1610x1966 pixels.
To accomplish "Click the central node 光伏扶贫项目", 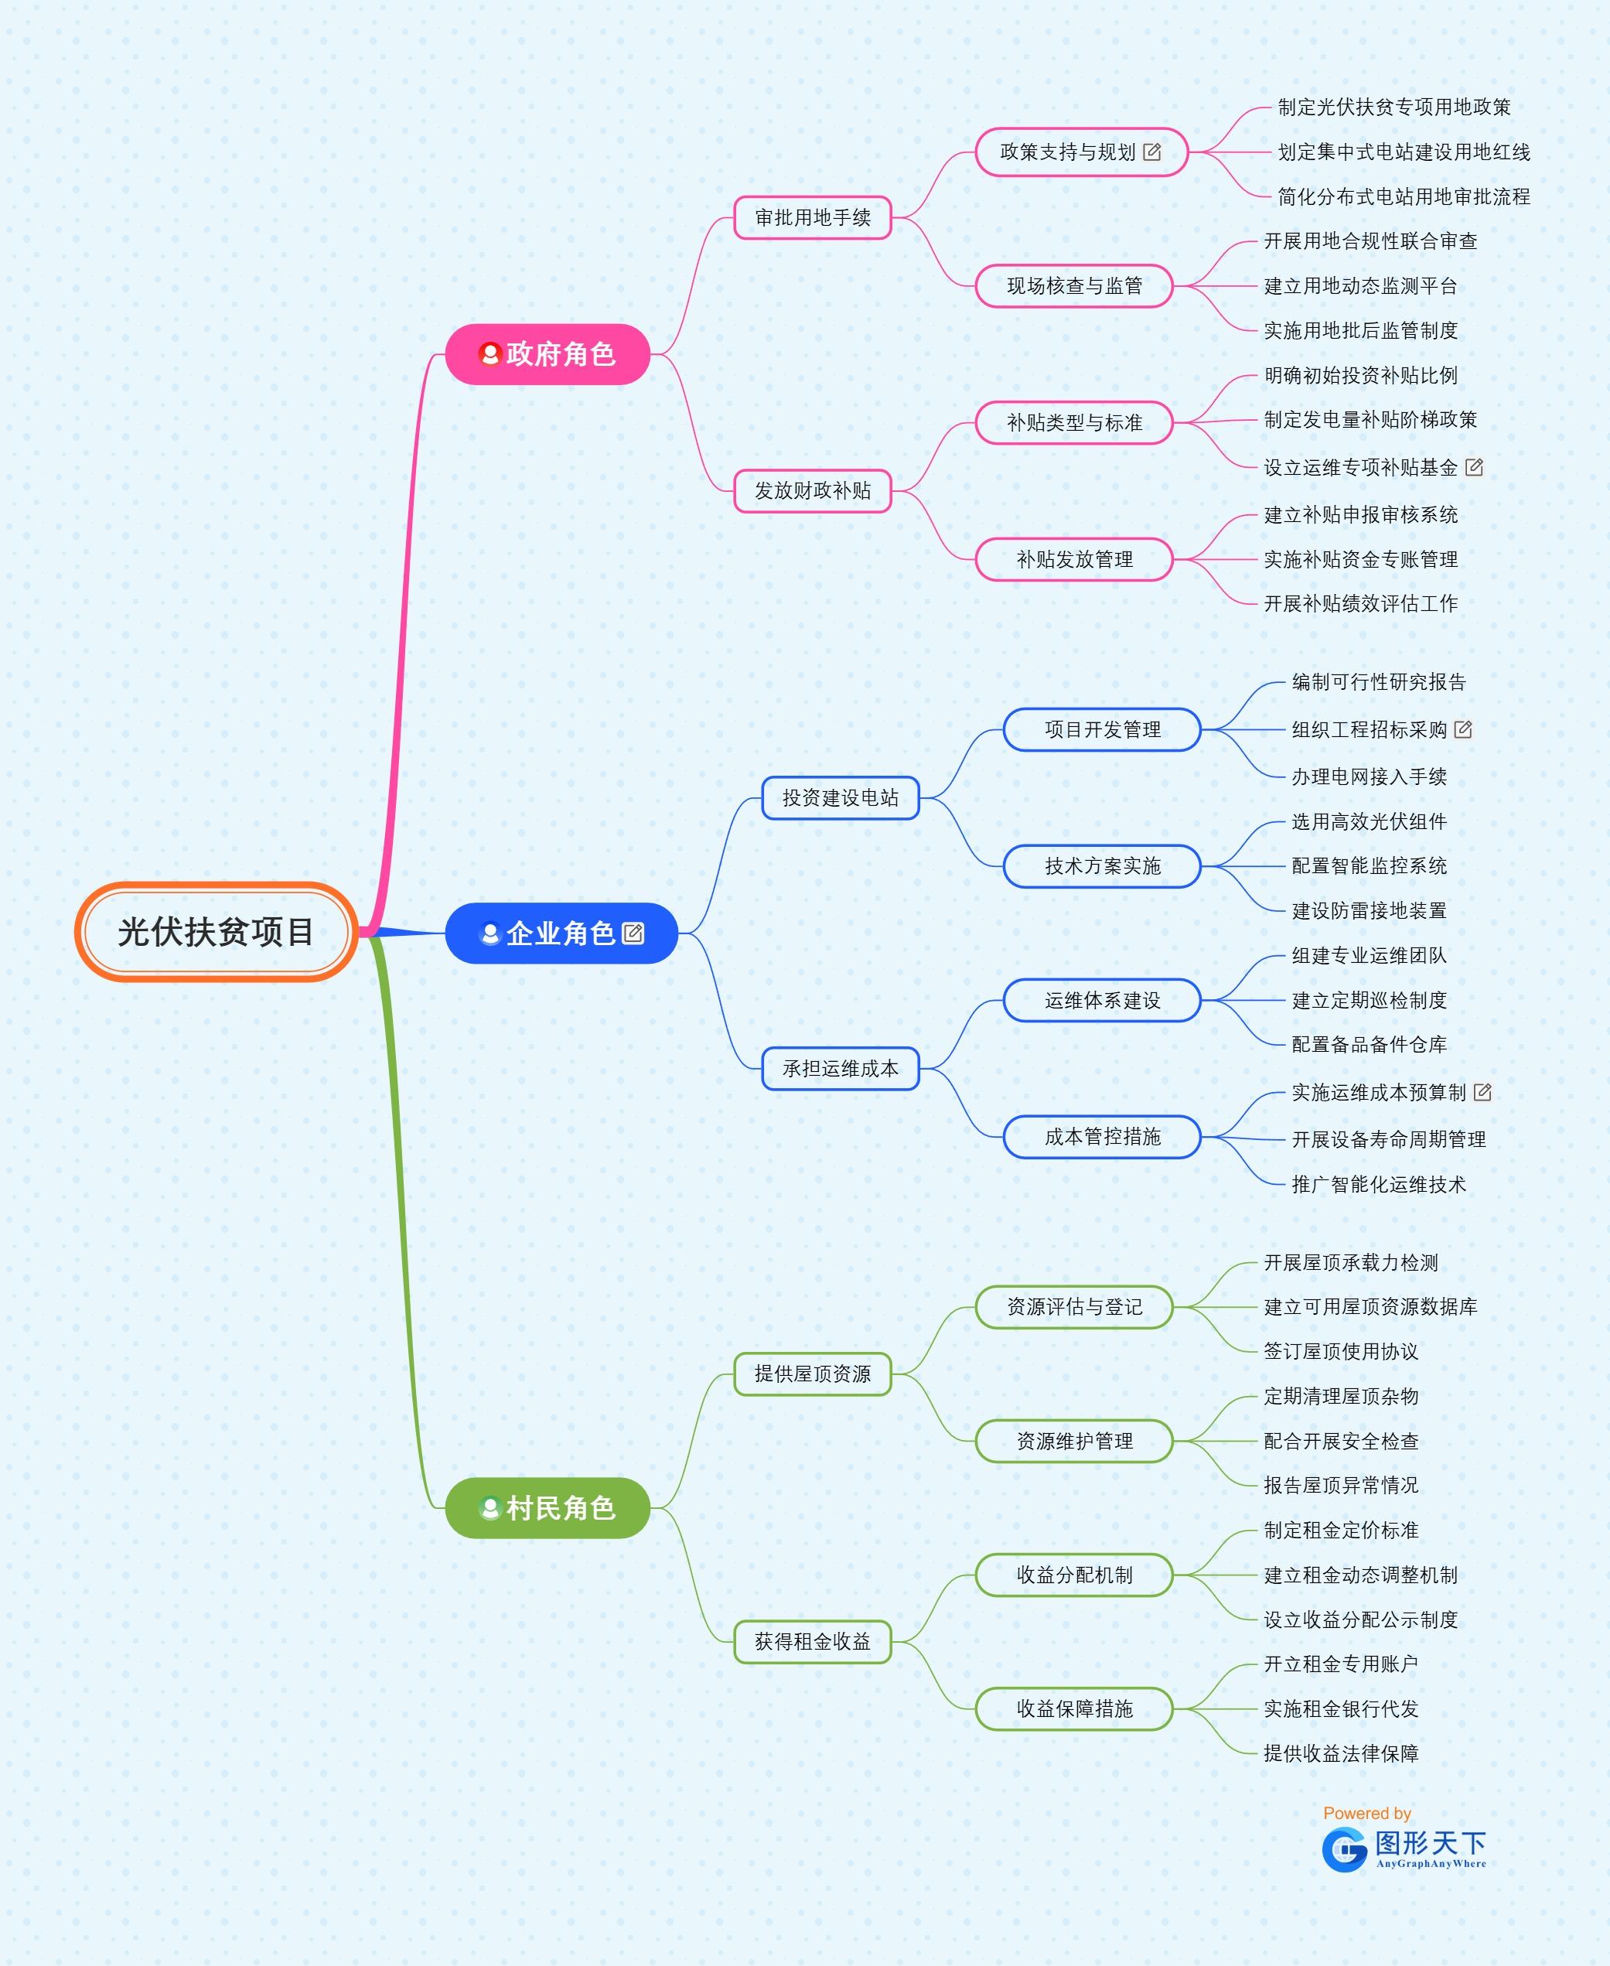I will [216, 932].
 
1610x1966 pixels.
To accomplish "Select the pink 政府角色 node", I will [547, 354].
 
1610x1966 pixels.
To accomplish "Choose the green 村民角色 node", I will [547, 1508].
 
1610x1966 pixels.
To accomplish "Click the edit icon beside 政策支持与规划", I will [1152, 152].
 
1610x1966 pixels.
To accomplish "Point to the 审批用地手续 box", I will [813, 218].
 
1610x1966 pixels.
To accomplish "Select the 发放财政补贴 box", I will [813, 490].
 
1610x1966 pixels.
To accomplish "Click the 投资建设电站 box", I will [841, 797].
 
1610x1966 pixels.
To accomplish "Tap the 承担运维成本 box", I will [841, 1068].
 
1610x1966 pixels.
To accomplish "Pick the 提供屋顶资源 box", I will [813, 1374].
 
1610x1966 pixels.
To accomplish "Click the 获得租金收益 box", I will [813, 1641].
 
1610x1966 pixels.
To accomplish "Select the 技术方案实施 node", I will [1102, 866].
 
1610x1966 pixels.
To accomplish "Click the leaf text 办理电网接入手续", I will [1369, 777].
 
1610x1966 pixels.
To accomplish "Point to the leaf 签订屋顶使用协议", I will [1341, 1351].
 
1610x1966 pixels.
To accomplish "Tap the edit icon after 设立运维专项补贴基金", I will [1474, 467].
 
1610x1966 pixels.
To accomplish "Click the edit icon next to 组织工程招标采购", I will [1462, 730].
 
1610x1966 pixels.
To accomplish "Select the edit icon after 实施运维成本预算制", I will [1482, 1092].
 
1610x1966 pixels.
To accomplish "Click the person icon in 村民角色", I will [490, 1508].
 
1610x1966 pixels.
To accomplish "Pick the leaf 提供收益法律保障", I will [1341, 1753].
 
